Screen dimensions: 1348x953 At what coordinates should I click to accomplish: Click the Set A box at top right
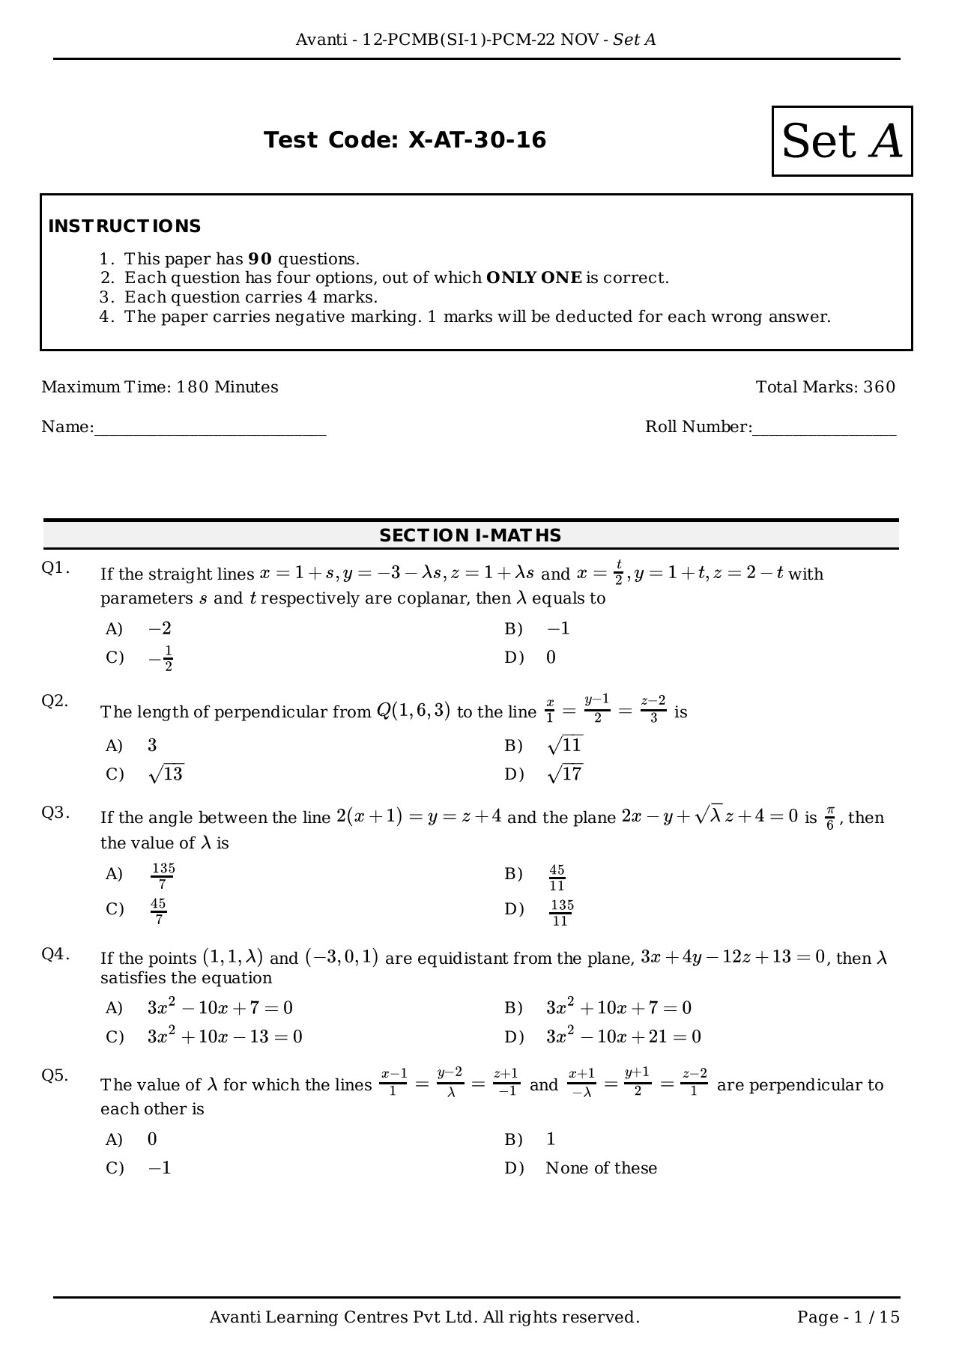(842, 141)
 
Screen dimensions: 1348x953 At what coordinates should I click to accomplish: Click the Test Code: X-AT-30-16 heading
(405, 140)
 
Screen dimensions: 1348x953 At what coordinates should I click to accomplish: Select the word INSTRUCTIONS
(124, 226)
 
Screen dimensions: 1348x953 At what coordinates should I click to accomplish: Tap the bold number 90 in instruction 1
(259, 259)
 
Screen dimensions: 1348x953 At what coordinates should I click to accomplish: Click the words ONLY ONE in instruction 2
(533, 278)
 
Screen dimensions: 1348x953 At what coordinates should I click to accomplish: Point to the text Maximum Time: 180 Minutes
(160, 387)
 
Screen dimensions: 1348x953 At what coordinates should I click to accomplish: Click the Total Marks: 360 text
(825, 387)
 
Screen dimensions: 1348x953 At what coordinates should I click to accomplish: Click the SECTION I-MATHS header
(471, 535)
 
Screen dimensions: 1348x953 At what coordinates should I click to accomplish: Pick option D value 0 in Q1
(551, 658)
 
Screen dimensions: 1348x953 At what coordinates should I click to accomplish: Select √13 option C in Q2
(166, 774)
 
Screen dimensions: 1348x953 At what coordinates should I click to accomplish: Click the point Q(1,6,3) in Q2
(413, 711)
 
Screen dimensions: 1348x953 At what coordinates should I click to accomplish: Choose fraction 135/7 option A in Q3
(163, 875)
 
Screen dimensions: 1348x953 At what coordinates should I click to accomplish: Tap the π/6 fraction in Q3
(829, 818)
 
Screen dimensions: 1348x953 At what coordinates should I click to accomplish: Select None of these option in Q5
(601, 1168)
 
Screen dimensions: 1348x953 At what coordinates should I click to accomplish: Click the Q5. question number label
(55, 1075)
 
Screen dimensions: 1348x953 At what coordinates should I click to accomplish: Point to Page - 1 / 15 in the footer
(848, 1317)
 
